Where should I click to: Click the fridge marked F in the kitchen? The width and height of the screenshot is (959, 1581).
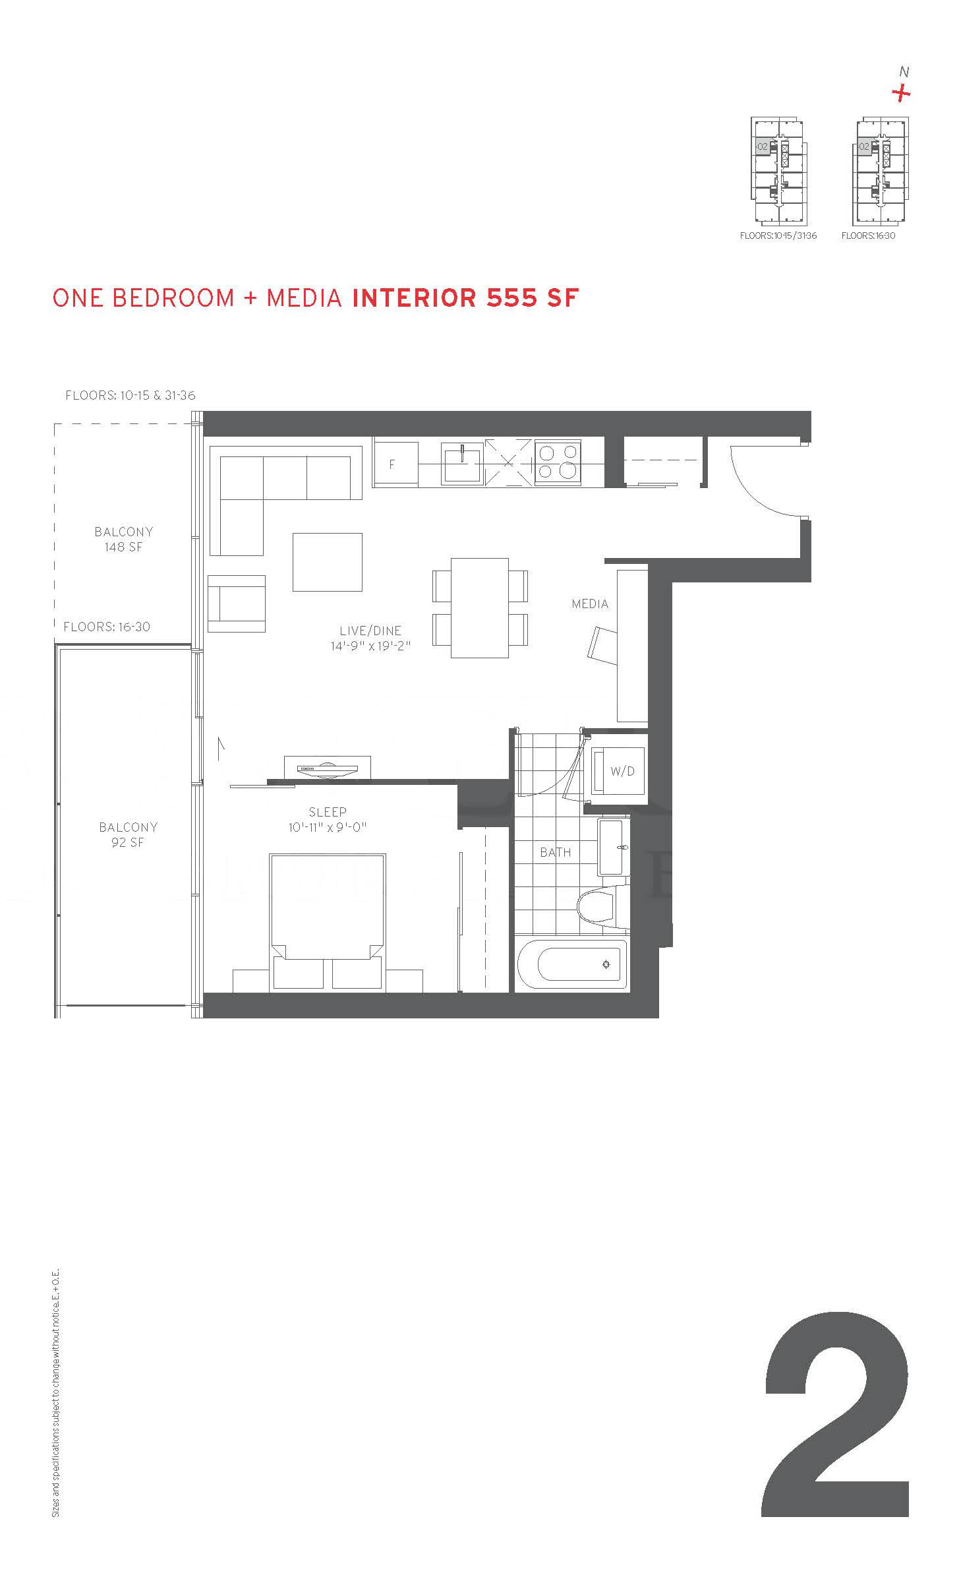tap(395, 464)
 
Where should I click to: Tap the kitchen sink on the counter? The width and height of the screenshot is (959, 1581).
tap(463, 464)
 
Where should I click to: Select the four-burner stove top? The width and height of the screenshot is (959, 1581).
tap(558, 462)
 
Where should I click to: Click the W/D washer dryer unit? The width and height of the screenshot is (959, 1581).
tap(618, 770)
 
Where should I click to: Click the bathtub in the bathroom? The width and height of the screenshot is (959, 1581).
tap(571, 964)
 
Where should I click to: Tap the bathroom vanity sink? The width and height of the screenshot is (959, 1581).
tap(614, 847)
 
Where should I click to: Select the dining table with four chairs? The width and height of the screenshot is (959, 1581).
tap(480, 608)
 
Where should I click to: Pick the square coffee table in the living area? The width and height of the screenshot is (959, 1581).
tap(328, 562)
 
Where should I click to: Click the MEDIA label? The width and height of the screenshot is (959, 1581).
tap(590, 604)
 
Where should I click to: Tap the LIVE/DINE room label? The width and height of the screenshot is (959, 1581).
tap(370, 631)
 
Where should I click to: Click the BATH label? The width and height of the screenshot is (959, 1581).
tap(556, 852)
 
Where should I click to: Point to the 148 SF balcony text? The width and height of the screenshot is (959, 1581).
tap(123, 547)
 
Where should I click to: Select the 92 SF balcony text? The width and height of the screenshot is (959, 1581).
tap(127, 842)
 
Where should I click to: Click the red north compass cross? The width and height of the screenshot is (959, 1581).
tap(901, 94)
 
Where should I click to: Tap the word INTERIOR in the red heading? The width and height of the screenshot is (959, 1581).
tap(415, 298)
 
